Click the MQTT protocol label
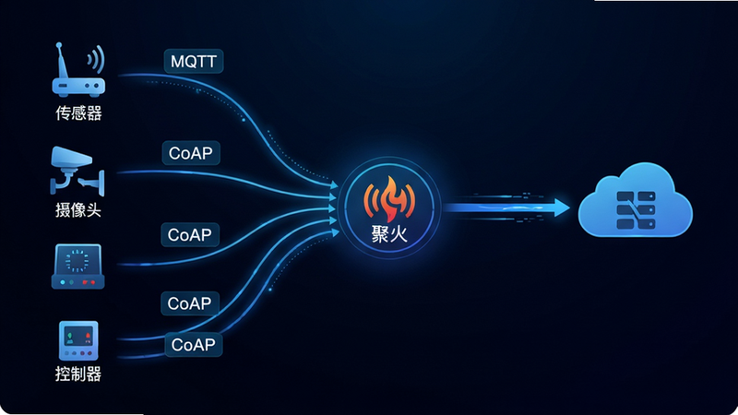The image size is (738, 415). [194, 61]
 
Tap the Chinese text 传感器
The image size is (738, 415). [78, 113]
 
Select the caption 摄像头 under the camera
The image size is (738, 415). [78, 210]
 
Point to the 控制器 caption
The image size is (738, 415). [78, 374]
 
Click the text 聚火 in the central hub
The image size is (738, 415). [389, 234]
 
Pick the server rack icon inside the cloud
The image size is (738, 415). [636, 210]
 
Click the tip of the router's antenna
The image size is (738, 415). [59, 45]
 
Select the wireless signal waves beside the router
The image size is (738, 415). [96, 59]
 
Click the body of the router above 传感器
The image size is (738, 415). [78, 87]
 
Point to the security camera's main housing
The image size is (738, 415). [71, 157]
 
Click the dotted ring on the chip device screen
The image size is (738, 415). [77, 261]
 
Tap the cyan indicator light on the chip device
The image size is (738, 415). [63, 282]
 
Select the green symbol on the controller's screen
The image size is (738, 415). [70, 338]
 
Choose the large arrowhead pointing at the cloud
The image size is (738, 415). [562, 207]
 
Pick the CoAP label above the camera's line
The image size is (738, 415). [191, 153]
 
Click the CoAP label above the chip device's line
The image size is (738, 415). [190, 235]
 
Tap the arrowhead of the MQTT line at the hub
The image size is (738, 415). [334, 185]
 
